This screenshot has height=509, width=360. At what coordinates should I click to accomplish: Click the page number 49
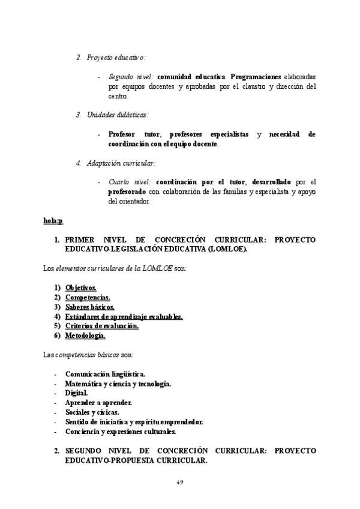[179, 482]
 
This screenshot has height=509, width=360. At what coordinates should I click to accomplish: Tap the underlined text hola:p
[53, 221]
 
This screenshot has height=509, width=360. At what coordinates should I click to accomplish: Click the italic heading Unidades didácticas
[118, 115]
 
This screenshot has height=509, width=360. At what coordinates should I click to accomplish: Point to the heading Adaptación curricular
[121, 163]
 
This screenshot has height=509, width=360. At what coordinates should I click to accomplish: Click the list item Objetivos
[81, 288]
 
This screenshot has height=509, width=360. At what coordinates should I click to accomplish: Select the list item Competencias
[88, 298]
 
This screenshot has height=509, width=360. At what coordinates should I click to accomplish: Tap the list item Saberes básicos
[90, 307]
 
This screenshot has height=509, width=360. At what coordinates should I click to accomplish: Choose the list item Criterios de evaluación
[102, 326]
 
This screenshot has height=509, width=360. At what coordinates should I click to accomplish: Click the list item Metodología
[85, 336]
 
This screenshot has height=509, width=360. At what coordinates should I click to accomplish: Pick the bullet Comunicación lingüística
[105, 373]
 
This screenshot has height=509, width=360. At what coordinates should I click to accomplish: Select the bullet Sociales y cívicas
[92, 412]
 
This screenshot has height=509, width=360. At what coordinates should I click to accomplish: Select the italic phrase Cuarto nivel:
[130, 182]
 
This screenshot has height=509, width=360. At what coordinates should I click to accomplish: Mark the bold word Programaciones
[256, 77]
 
